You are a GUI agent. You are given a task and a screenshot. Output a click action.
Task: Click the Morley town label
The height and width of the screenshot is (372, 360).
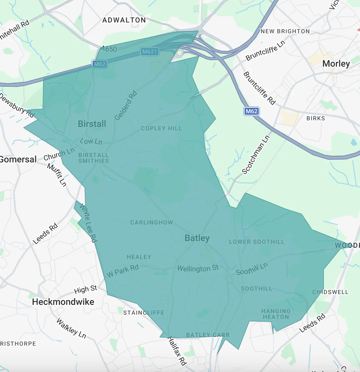pyautogui.click(x=336, y=64)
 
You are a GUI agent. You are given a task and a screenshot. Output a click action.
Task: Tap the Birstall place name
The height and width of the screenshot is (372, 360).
pyautogui.click(x=92, y=124)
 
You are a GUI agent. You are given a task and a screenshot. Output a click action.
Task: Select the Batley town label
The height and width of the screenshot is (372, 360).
pyautogui.click(x=197, y=238)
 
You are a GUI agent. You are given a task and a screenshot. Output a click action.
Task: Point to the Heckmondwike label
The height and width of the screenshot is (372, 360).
pyautogui.click(x=63, y=302)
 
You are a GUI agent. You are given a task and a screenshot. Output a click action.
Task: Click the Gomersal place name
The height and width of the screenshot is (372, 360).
pyautogui.click(x=18, y=159)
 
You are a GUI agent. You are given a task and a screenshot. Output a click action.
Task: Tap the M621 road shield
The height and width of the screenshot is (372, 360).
pyautogui.click(x=150, y=52)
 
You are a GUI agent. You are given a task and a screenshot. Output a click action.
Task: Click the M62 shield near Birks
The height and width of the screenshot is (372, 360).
pyautogui.click(x=251, y=111)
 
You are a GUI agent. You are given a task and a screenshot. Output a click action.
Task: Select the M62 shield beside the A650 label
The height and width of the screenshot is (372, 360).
pyautogui.click(x=99, y=64)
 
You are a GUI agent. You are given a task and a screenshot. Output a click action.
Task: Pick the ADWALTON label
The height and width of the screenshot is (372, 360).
pyautogui.click(x=124, y=20)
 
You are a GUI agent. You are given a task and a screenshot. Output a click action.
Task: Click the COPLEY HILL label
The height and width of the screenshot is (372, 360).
pyautogui.click(x=161, y=128)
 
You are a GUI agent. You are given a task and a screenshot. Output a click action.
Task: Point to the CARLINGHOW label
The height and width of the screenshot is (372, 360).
pyautogui.click(x=152, y=222)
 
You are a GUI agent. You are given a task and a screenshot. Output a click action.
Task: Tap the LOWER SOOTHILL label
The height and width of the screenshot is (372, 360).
pyautogui.click(x=257, y=242)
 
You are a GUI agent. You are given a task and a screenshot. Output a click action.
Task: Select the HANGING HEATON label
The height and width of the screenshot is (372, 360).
pyautogui.click(x=276, y=314)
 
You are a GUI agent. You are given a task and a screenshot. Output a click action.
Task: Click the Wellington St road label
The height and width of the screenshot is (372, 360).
pyautogui.click(x=198, y=268)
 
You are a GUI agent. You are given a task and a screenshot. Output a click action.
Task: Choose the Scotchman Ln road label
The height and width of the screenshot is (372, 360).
pyautogui.click(x=255, y=155)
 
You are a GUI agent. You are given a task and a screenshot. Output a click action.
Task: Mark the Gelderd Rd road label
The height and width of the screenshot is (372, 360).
pyautogui.click(x=126, y=106)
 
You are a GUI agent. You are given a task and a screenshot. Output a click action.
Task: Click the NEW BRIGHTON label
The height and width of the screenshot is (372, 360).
pyautogui.click(x=285, y=31)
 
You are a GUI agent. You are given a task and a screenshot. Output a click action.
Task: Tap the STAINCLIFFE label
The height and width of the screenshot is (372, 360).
pyautogui.click(x=144, y=313)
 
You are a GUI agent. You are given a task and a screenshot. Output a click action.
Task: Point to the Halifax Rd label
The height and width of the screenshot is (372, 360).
pyautogui.click(x=177, y=351)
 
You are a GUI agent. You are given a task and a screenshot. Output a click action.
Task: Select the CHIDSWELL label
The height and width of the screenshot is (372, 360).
pyautogui.click(x=330, y=292)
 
